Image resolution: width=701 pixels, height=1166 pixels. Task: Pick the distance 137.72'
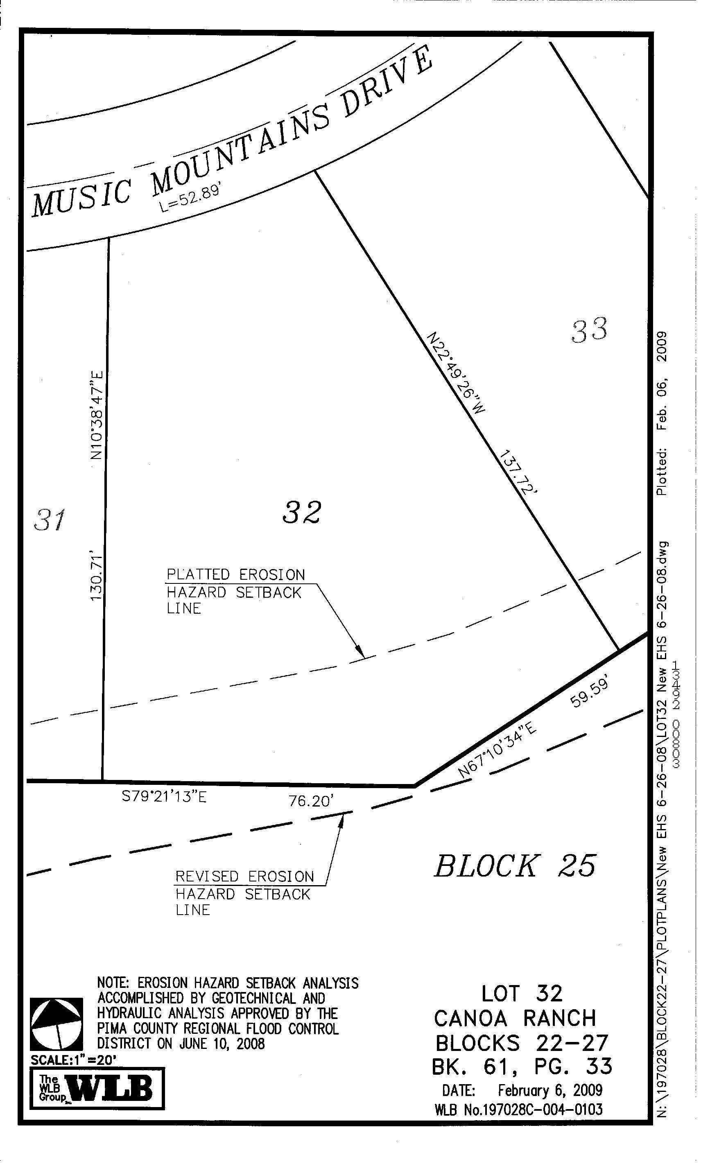(x=519, y=473)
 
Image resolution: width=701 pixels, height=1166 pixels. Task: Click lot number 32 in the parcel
(x=302, y=513)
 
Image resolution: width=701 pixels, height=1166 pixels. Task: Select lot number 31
(x=50, y=520)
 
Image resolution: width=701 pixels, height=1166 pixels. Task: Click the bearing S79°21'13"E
(x=164, y=797)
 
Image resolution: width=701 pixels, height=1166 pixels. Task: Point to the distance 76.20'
(x=311, y=801)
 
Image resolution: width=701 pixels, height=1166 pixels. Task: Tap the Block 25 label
(x=515, y=866)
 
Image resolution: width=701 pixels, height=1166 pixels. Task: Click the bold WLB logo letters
(x=111, y=1089)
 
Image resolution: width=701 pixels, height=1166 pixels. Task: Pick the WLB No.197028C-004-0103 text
(x=518, y=1110)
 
